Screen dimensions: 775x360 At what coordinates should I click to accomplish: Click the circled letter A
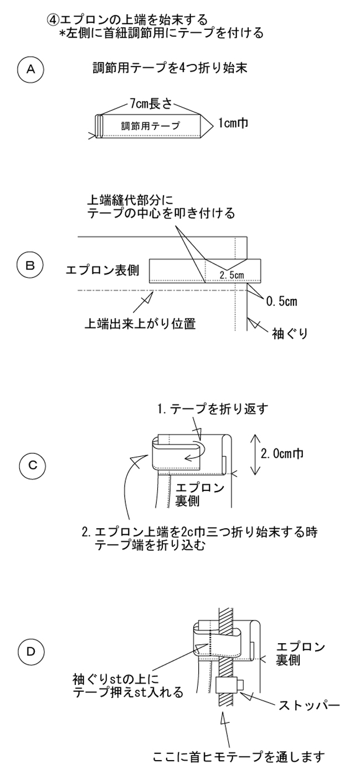tap(31, 69)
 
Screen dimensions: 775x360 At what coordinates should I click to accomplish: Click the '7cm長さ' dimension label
tap(151, 103)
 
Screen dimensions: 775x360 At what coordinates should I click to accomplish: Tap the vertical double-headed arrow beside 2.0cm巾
tap(253, 454)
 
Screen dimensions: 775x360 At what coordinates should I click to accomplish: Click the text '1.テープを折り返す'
tap(205, 410)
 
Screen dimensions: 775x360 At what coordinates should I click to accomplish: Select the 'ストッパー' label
tap(310, 706)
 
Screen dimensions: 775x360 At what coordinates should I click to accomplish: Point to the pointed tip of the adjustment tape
tap(208, 125)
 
